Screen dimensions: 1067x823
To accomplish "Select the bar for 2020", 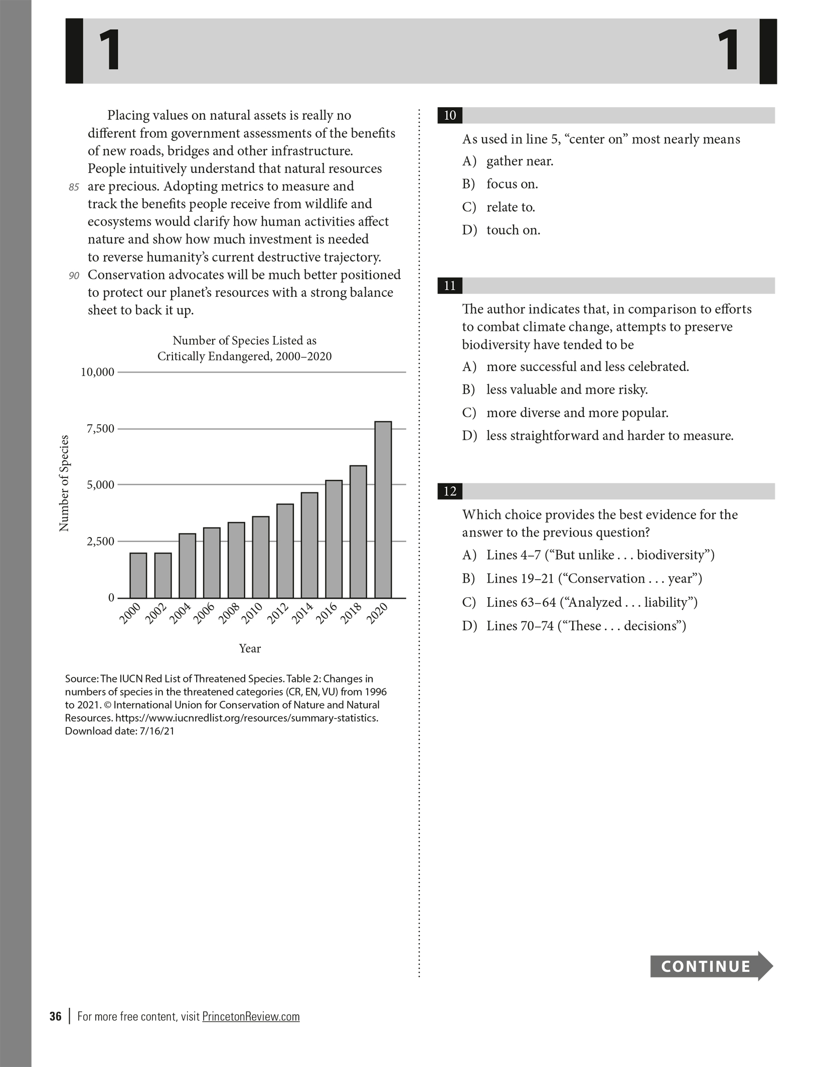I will point(383,509).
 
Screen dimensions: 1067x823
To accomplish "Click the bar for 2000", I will point(138,575).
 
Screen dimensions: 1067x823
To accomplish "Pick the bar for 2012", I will point(285,551).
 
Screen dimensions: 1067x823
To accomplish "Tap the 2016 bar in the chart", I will point(334,539).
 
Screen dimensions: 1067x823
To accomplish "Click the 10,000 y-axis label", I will point(98,372).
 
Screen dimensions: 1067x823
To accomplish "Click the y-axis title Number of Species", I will point(64,483).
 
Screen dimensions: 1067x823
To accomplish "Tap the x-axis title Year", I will point(250,648).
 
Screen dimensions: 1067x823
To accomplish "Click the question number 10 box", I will point(450,116).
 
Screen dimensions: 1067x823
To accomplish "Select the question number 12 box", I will point(450,491).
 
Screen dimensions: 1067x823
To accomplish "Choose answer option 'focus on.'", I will point(512,184).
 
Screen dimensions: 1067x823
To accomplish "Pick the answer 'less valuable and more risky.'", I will point(567,390).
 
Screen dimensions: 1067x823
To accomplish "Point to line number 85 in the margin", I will point(74,187).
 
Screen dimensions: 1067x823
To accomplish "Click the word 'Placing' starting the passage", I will point(128,115).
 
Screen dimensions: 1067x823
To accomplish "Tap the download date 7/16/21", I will point(157,731).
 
